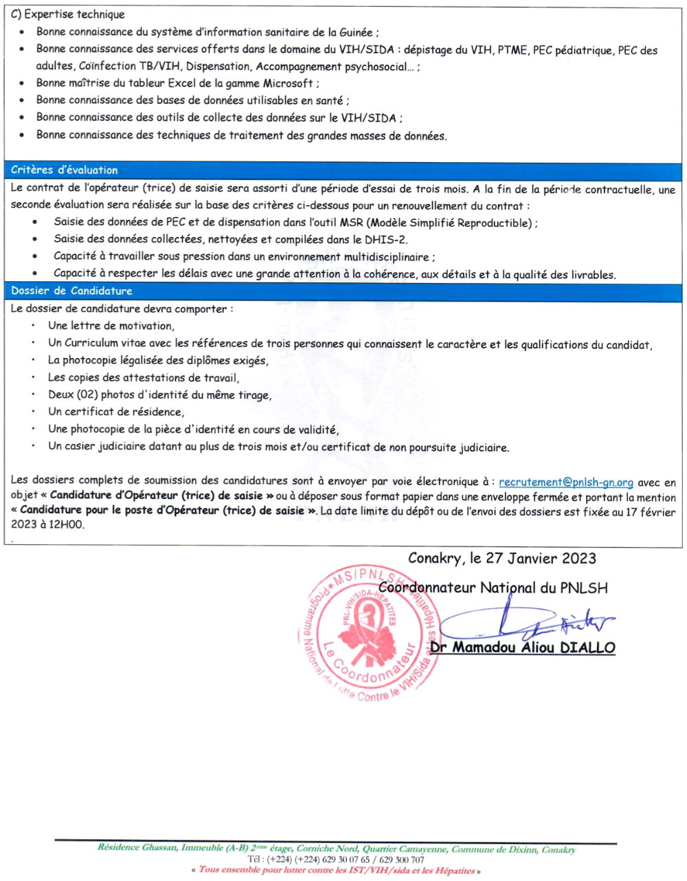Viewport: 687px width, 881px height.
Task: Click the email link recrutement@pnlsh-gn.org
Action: [x=565, y=482]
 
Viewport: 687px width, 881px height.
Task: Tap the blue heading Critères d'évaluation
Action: [x=65, y=170]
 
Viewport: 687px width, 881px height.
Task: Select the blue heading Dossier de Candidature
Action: [x=71, y=291]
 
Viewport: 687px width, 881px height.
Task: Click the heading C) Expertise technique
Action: [x=68, y=14]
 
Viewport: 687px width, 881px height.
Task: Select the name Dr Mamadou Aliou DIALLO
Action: [x=523, y=647]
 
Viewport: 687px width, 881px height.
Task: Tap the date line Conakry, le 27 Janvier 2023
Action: [x=502, y=558]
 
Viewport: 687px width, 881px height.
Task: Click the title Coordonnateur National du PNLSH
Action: [x=493, y=588]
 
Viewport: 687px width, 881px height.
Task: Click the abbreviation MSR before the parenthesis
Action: [x=351, y=223]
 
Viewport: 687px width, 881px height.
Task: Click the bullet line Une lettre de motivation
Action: [x=111, y=326]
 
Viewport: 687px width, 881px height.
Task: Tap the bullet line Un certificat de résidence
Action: [x=116, y=412]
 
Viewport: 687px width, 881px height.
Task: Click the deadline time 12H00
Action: [x=66, y=524]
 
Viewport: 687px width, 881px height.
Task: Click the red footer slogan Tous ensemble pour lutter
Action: [x=337, y=870]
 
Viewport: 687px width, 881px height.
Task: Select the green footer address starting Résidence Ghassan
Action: [x=337, y=849]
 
